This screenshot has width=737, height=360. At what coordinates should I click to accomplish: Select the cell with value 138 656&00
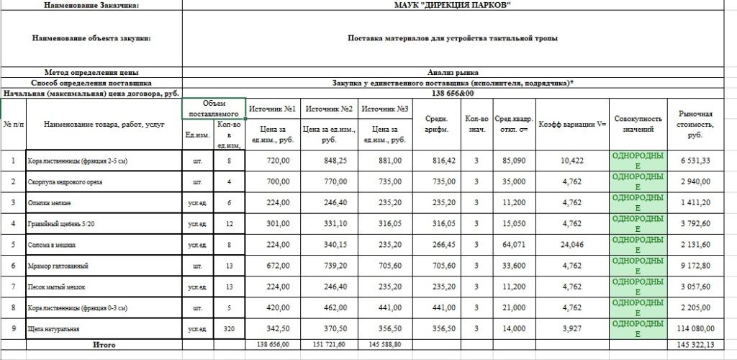point(453,94)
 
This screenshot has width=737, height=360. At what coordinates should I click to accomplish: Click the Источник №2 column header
point(328,109)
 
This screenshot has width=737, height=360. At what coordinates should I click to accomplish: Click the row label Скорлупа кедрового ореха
point(64,182)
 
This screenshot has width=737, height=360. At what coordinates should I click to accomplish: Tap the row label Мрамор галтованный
point(58,266)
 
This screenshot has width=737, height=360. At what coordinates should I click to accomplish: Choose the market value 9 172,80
point(695,266)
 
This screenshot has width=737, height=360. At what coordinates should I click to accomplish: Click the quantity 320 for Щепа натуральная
point(229,328)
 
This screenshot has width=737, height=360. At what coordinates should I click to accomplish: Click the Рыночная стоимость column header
point(695,125)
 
